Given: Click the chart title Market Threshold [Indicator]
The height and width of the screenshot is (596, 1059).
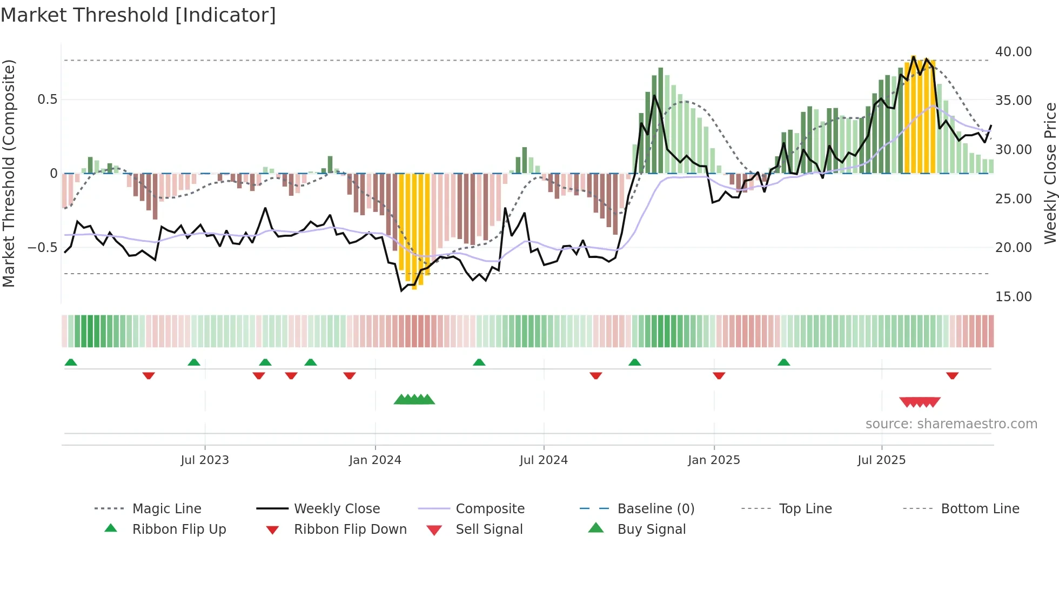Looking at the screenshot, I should [138, 15].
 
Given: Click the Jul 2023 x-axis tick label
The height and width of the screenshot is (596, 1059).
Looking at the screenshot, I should [205, 460].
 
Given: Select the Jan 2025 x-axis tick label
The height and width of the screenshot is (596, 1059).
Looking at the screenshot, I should [714, 460].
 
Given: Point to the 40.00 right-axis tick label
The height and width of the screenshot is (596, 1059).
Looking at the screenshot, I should [1013, 52].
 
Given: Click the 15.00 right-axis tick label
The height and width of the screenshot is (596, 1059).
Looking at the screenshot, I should [1013, 297].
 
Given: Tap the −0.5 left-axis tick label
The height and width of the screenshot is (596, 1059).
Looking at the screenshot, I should [42, 248].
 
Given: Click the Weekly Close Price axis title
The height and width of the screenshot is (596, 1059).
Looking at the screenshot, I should [1050, 173].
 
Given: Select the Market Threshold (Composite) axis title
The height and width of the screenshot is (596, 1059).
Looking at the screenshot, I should [9, 173].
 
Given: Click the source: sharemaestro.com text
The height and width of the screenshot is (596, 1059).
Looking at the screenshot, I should [951, 424].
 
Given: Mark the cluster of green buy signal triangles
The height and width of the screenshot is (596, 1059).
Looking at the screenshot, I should [414, 400].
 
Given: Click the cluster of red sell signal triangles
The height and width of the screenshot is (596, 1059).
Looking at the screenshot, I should [920, 402].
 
